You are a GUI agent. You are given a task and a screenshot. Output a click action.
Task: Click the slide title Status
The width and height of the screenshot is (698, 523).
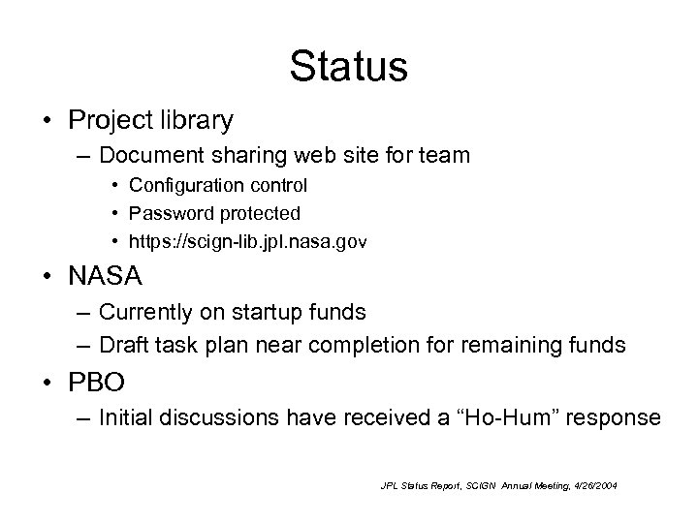pos(348,66)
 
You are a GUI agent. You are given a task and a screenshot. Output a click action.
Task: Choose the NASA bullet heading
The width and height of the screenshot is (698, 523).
pos(105,277)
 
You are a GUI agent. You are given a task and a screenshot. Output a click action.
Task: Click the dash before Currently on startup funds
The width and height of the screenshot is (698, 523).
pos(81,313)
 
